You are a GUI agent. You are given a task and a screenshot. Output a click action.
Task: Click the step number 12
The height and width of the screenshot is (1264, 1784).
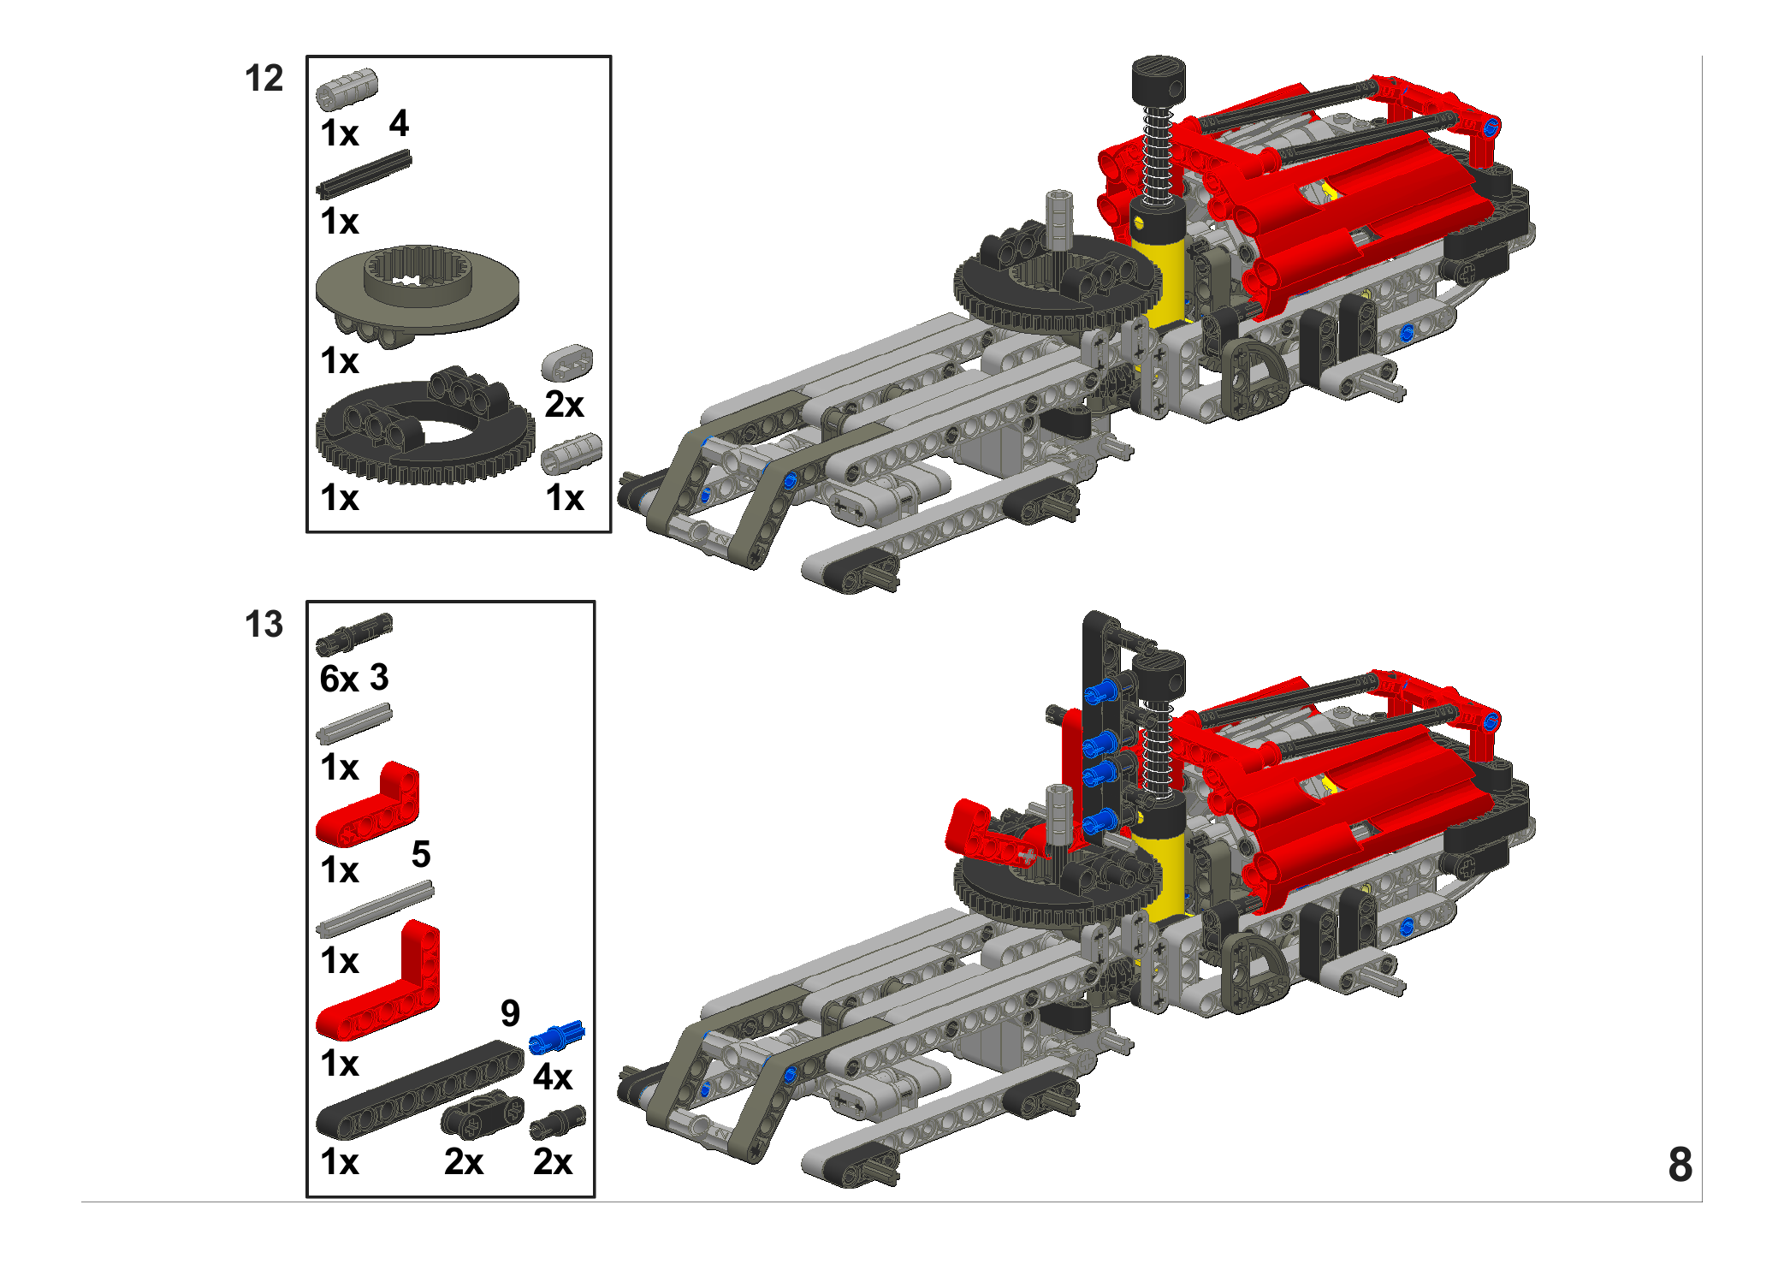tap(264, 79)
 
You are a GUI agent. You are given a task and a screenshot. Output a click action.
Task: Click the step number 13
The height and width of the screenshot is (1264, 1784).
tap(264, 625)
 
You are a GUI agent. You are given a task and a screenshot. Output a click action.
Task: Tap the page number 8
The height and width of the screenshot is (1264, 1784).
tap(1680, 1165)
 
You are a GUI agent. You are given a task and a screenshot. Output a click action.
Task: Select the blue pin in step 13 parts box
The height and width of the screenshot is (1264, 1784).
tap(556, 1037)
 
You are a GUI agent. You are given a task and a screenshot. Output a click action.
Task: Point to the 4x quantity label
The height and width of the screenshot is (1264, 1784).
tap(553, 1077)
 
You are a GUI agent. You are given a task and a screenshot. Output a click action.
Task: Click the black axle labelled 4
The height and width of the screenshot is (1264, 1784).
tap(364, 174)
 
